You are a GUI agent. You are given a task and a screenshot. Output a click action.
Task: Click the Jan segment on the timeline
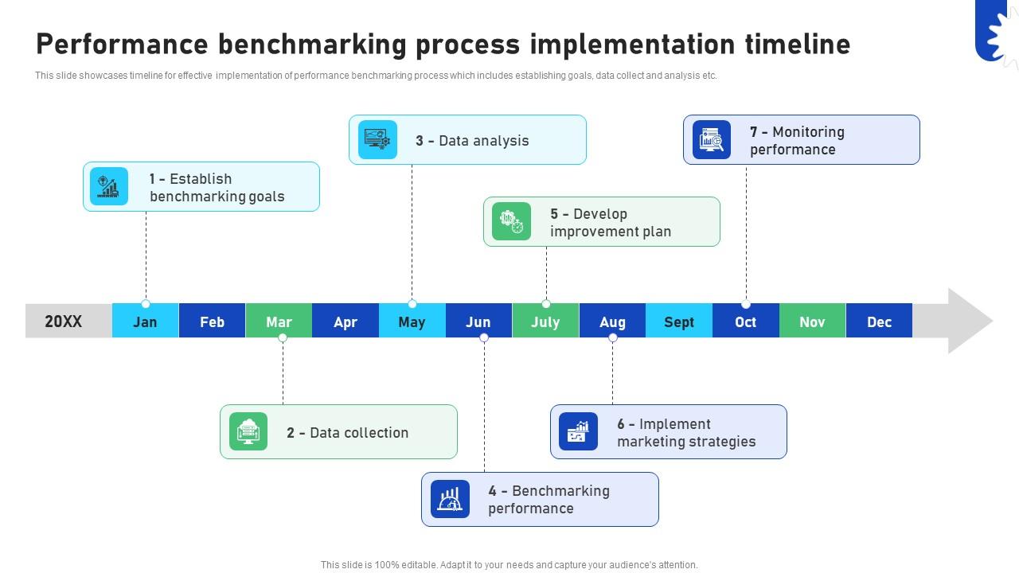click(x=145, y=322)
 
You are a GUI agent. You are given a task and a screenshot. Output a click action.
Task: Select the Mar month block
click(x=279, y=322)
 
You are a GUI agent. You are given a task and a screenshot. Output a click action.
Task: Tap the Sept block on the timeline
click(x=678, y=322)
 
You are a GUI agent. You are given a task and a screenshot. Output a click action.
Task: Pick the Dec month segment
click(x=879, y=322)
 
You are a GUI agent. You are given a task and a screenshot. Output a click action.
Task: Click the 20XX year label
click(x=64, y=322)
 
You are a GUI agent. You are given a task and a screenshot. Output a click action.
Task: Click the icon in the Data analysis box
click(x=377, y=140)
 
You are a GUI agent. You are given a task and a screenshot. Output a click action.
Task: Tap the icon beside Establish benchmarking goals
click(x=109, y=187)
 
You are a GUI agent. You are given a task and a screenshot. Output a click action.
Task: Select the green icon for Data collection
click(x=248, y=431)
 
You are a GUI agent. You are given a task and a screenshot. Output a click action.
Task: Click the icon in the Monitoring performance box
click(x=711, y=140)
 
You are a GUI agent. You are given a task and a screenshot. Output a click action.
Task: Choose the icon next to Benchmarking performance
click(x=450, y=499)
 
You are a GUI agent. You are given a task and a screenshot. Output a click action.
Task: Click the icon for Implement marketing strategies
click(x=578, y=431)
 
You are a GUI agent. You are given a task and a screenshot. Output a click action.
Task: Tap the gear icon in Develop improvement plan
click(x=511, y=221)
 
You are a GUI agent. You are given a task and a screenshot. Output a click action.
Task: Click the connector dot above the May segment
click(x=412, y=304)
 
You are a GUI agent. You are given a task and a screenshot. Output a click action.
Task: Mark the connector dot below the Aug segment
click(x=612, y=337)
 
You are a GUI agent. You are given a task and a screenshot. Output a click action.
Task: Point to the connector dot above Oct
click(x=746, y=304)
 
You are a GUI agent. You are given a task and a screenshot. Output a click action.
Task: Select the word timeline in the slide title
click(x=798, y=44)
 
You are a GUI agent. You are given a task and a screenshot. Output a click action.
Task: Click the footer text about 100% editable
click(x=509, y=565)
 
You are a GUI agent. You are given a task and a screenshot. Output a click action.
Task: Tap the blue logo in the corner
click(x=995, y=30)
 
